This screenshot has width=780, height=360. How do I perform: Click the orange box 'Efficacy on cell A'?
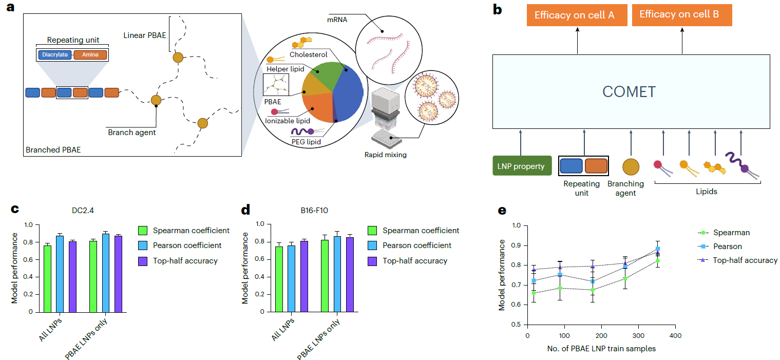(575, 15)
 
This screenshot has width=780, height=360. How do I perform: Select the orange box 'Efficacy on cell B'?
(679, 14)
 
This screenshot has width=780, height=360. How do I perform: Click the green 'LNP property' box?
(522, 166)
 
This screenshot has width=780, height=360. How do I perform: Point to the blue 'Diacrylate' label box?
(55, 54)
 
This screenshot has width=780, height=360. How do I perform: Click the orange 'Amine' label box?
(90, 54)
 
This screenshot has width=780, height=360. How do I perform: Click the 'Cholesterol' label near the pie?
(308, 54)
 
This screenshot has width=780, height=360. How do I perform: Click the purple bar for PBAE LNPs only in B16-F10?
(350, 274)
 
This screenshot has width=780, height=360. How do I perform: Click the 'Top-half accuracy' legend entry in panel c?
(185, 260)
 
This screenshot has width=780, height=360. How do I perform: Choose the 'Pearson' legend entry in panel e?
(726, 247)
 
